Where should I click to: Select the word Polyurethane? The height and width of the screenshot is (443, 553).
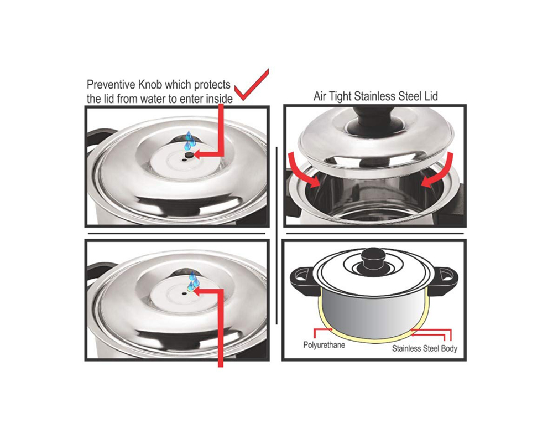(324, 345)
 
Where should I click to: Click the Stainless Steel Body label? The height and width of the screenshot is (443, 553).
(425, 349)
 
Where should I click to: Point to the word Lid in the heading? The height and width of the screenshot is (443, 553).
(431, 96)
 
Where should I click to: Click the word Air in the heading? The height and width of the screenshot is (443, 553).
(320, 96)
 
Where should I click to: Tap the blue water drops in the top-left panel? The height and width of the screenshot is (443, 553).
(190, 141)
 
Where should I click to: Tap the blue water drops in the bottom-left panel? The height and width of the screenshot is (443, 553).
(194, 281)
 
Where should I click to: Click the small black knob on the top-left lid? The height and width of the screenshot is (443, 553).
(189, 154)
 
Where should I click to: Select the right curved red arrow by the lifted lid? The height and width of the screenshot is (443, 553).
(437, 170)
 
